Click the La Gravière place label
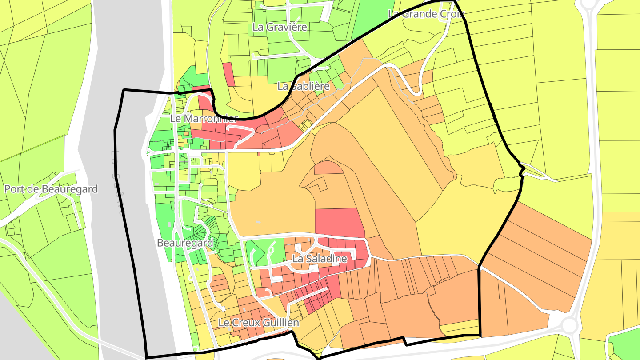click(x=280, y=27)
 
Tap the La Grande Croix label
click(x=426, y=14)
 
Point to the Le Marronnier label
click(x=204, y=119)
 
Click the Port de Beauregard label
click(x=51, y=189)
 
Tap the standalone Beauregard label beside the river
click(x=185, y=243)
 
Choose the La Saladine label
click(x=320, y=258)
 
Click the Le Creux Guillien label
click(x=259, y=322)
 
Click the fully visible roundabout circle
click(x=569, y=325)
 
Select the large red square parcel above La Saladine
click(x=340, y=222)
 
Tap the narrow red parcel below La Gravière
click(x=228, y=74)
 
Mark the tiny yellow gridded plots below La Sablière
click(x=305, y=126)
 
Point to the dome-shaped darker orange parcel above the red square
click(x=328, y=168)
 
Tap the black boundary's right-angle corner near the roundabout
click(x=480, y=335)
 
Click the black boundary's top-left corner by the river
click(x=124, y=90)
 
